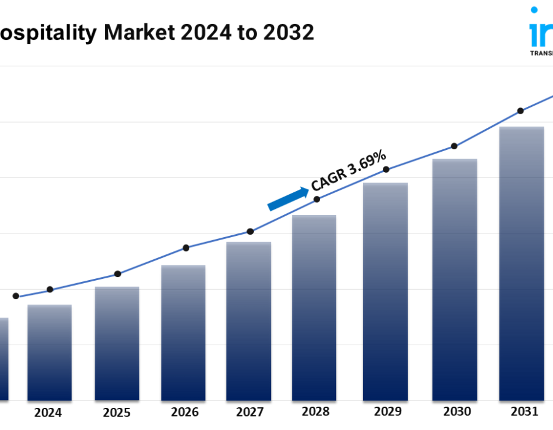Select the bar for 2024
tap(49, 353)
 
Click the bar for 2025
tap(117, 344)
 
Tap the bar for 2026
tap(183, 333)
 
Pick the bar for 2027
tap(249, 321)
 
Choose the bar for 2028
tap(314, 308)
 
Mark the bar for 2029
tap(385, 292)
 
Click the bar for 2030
tap(455, 279)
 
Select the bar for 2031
tap(521, 264)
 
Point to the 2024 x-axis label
tap(48, 413)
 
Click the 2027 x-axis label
tap(248, 413)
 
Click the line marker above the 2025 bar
tap(118, 274)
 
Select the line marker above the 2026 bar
tap(186, 248)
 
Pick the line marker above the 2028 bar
tap(317, 199)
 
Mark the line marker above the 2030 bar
tap(454, 146)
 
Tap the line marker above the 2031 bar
tap(520, 111)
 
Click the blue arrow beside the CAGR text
tap(288, 199)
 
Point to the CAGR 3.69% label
tap(349, 171)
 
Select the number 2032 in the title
tap(288, 33)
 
